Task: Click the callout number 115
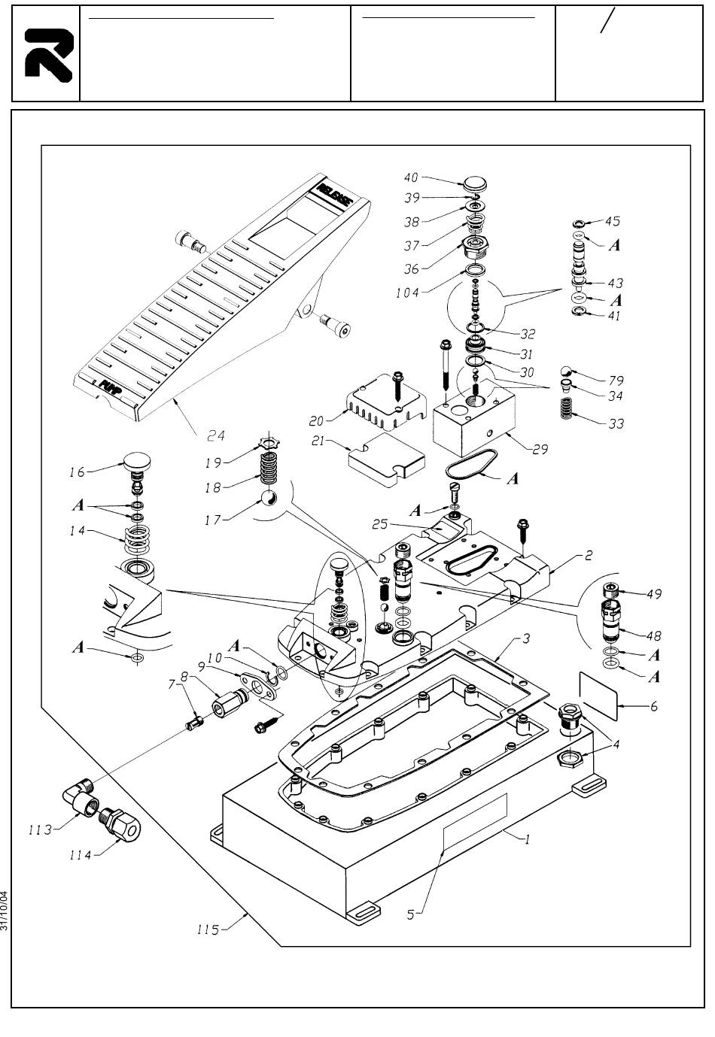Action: [x=203, y=930]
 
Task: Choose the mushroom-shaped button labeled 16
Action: [x=135, y=465]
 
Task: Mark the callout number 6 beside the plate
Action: [x=654, y=707]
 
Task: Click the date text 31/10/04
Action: [x=6, y=911]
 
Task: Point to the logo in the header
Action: [x=47, y=55]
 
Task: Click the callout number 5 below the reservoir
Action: [x=411, y=915]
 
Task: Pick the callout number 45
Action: [x=613, y=221]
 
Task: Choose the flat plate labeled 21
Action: [x=384, y=459]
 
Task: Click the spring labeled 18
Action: [x=269, y=468]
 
